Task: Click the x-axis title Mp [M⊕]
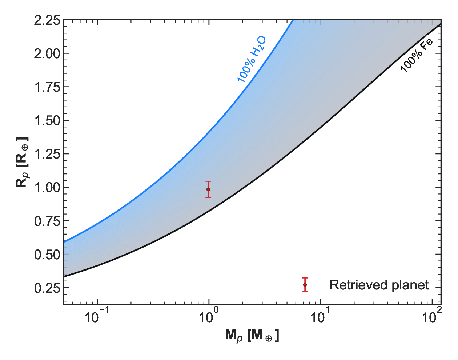(252, 336)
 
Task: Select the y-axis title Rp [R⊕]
(22, 162)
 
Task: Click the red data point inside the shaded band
(208, 189)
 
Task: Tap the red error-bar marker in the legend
(305, 285)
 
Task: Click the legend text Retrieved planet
(379, 285)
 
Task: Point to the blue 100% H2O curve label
(252, 59)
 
